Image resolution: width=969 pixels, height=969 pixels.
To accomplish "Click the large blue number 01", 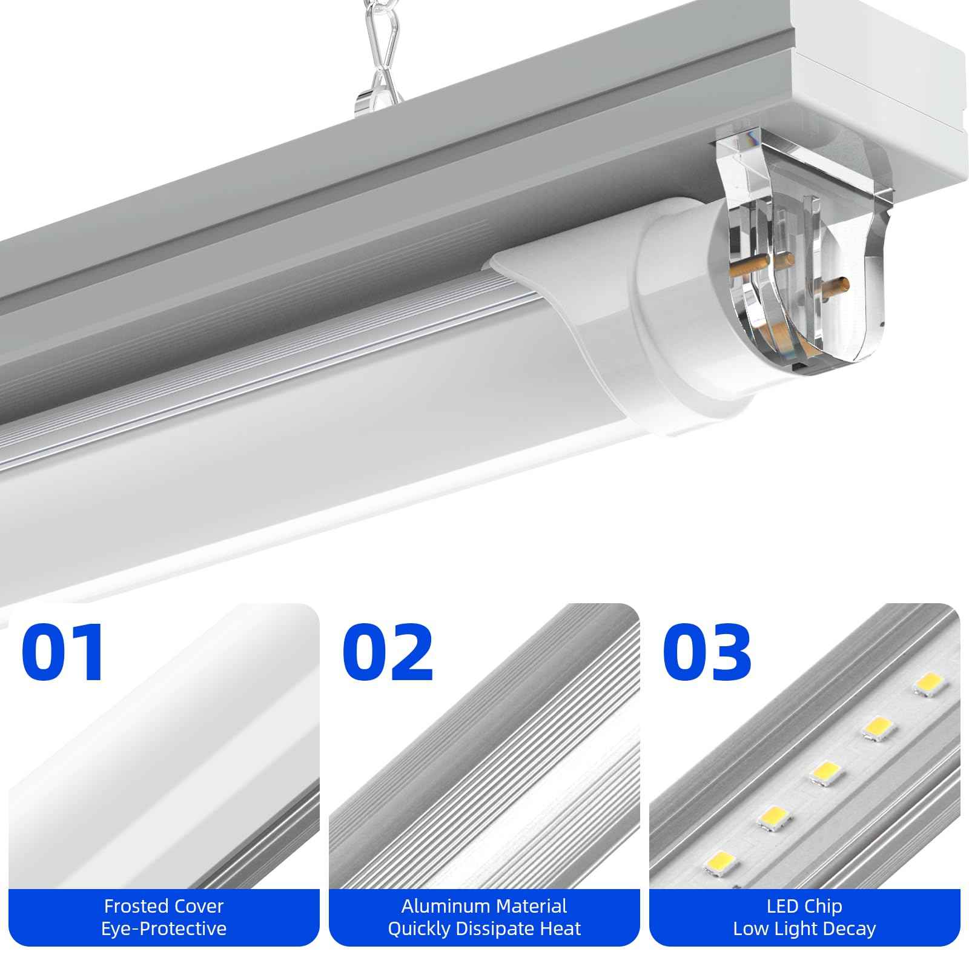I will tap(64, 653).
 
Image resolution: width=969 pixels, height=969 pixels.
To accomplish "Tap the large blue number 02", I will tap(388, 653).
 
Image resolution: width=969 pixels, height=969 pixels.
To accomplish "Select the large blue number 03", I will tap(707, 653).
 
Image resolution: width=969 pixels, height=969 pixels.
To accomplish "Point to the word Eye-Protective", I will tap(164, 928).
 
